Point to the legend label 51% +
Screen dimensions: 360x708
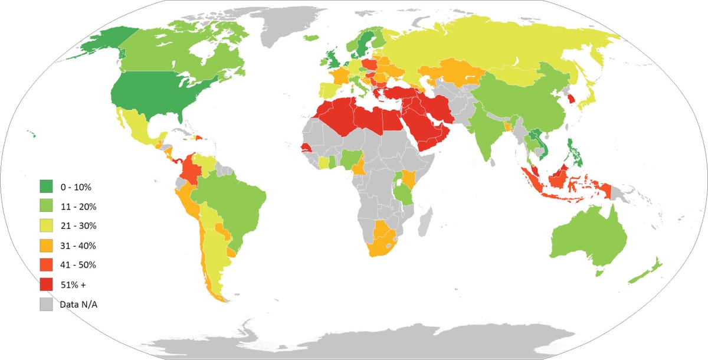73,284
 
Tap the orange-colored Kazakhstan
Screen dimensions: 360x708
454,74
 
